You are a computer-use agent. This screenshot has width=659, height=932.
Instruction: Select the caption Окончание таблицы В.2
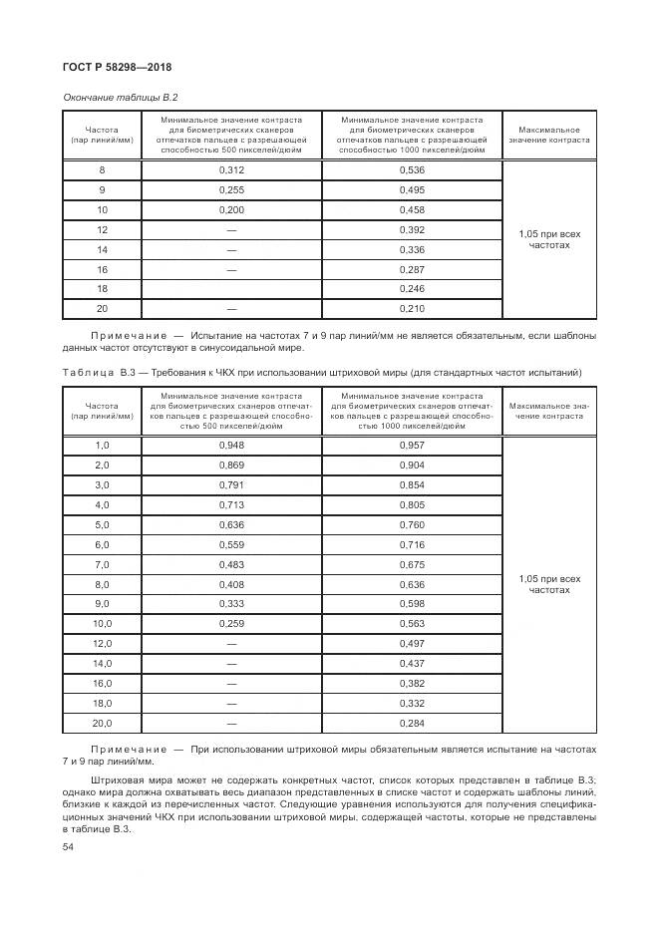pos(120,97)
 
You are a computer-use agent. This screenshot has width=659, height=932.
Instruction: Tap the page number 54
pos(68,846)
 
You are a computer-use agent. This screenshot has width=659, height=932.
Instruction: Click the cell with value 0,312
pos(231,170)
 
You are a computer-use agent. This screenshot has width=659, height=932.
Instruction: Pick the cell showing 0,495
pos(412,190)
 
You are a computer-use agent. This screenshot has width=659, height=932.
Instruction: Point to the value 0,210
pos(412,309)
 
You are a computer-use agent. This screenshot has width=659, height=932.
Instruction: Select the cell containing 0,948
pos(231,446)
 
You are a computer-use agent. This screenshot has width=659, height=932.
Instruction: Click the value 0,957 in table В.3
pos(412,446)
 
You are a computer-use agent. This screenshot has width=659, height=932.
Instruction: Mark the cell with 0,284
pos(412,723)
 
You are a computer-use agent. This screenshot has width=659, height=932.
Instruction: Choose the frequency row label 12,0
pos(102,644)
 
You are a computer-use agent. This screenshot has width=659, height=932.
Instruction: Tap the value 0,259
pos(231,624)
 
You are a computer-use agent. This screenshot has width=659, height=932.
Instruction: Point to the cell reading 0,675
pos(412,564)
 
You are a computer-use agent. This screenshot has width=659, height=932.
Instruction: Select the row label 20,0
pos(102,723)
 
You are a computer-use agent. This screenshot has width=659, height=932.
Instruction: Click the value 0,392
pos(412,229)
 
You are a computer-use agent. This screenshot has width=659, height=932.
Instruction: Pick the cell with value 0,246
pos(412,289)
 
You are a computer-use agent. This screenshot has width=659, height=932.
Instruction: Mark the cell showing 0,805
pos(412,505)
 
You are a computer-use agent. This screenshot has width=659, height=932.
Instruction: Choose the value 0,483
pos(231,564)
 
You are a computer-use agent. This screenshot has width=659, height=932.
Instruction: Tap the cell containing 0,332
pos(412,703)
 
